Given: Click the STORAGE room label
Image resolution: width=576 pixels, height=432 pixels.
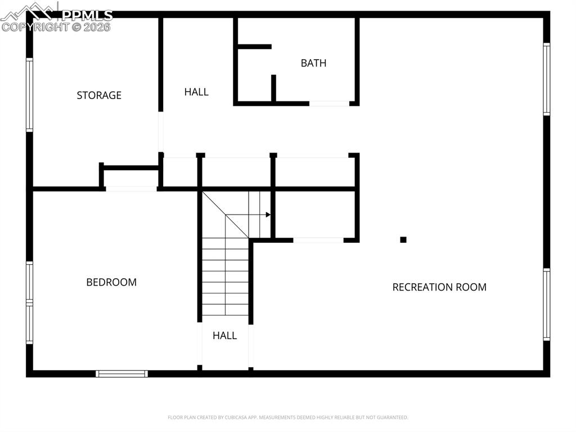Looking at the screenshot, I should click(99, 95).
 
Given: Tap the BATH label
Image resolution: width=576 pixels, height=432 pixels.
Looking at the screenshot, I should click(313, 63).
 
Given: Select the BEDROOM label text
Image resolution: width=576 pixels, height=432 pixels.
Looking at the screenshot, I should click(111, 282).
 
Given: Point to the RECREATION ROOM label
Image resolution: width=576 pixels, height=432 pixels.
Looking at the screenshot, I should click(439, 287).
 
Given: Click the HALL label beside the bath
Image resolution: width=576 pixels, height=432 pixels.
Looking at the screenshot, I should click(196, 92).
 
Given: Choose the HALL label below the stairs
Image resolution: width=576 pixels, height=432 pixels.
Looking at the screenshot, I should click(224, 336).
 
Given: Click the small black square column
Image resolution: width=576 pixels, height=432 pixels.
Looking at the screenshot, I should click(403, 239).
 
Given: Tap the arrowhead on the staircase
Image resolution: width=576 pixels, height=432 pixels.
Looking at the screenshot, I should click(268, 215).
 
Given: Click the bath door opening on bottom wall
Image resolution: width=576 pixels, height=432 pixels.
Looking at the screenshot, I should click(330, 104).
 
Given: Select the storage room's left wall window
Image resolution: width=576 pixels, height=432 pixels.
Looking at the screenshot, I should click(29, 95).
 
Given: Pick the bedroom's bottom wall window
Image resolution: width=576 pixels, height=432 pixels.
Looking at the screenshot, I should click(121, 373).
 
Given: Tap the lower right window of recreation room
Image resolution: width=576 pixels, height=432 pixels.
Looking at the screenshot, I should click(546, 304).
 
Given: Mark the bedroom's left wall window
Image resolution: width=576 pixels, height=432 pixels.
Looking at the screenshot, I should click(29, 302).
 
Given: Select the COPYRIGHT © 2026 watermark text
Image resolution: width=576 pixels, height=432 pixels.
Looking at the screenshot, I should click(56, 26).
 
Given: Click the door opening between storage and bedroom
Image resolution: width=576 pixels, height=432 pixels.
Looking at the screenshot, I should click(131, 189).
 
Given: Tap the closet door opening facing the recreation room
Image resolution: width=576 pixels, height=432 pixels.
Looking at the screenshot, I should click(318, 240).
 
